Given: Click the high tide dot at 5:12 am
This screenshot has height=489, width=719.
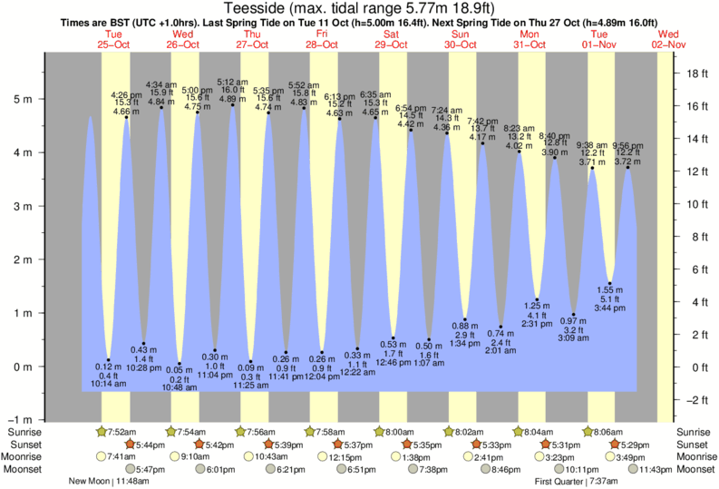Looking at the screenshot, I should (233, 105).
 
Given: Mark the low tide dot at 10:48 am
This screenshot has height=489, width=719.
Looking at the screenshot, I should (180, 364).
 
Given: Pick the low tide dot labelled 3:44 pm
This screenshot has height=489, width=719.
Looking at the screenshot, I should (610, 283).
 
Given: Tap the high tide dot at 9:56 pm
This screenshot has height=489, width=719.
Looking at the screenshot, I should (627, 168).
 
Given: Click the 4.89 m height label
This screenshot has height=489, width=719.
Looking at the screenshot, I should (233, 98).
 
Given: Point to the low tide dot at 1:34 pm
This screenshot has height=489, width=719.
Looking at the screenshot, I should (465, 319).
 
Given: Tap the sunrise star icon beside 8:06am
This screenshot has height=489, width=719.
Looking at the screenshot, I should (588, 431).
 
